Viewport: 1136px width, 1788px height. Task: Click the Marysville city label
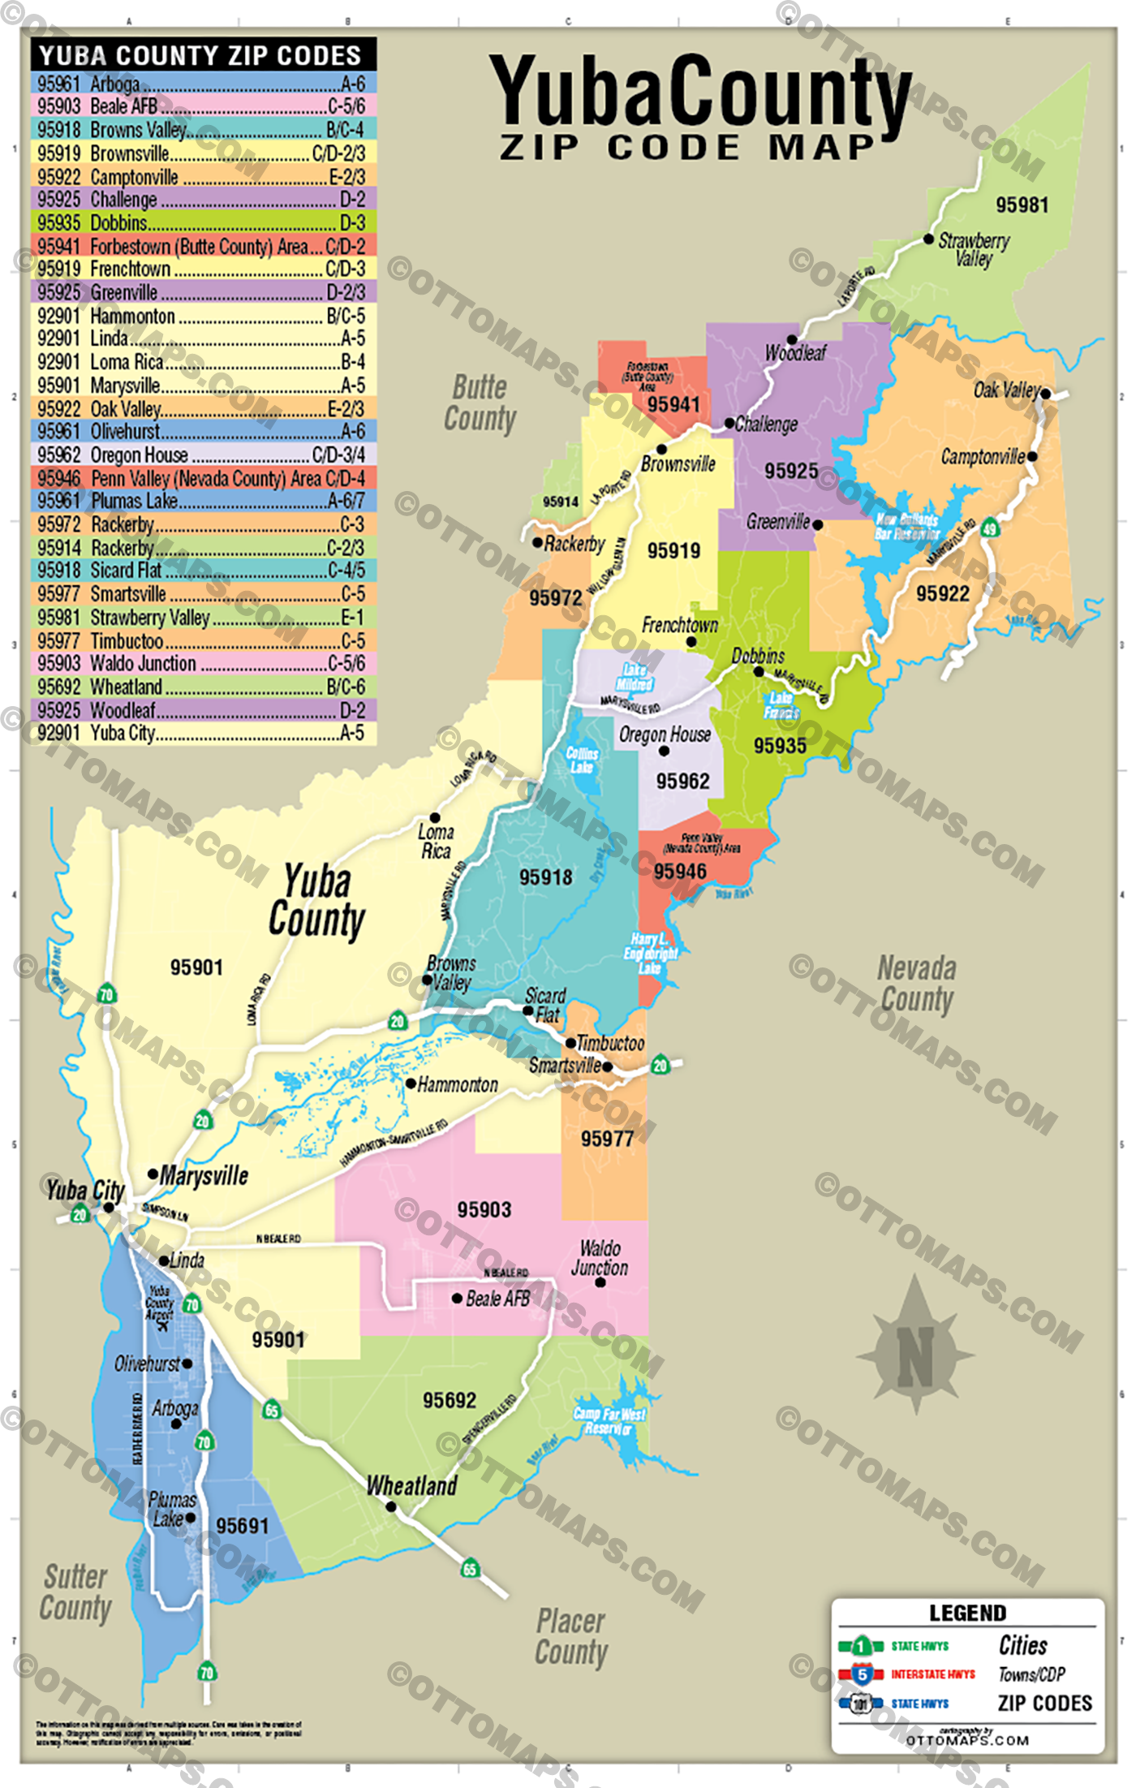[x=204, y=1175]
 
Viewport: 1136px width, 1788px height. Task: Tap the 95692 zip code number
[x=450, y=1400]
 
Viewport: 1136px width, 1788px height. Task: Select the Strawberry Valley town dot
[x=928, y=239]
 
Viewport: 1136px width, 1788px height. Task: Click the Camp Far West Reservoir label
[x=609, y=1420]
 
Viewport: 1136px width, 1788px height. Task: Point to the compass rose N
[x=915, y=1357]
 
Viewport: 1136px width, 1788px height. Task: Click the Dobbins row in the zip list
[x=203, y=222]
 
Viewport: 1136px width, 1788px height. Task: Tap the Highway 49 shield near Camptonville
[x=989, y=529]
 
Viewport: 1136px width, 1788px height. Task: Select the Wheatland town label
[x=411, y=1486]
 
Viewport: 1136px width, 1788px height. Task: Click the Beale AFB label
[x=497, y=1299]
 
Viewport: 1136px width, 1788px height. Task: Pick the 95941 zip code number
[x=673, y=404]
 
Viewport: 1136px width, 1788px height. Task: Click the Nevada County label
[x=917, y=984]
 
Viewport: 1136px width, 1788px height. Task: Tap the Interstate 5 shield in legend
[x=862, y=1674]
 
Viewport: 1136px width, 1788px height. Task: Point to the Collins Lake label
[x=582, y=760]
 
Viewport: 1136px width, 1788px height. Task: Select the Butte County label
[x=480, y=403]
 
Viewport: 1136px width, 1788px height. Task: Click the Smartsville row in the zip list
[x=203, y=594]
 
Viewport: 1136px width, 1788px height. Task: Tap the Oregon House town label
[x=665, y=735]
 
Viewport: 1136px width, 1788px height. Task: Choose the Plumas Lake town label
[x=171, y=1509]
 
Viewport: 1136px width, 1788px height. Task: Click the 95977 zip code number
[x=607, y=1139]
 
